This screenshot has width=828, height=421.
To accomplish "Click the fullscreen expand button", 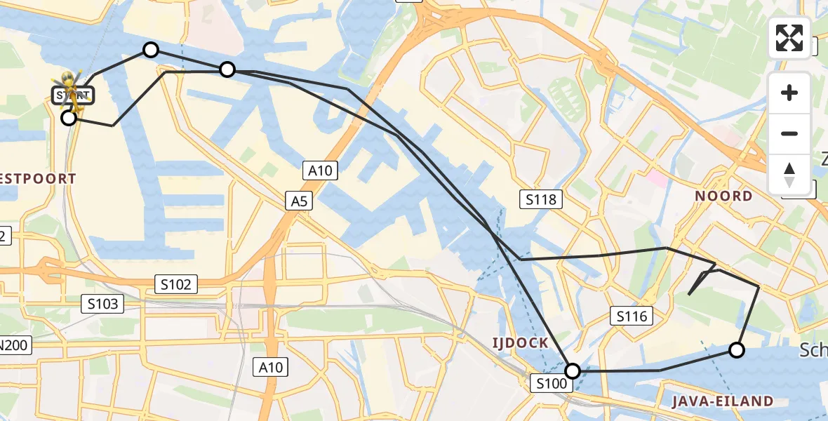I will coord(789,38).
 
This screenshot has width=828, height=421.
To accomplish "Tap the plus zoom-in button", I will coord(789,93).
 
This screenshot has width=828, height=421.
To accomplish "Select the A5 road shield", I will coord(300,201).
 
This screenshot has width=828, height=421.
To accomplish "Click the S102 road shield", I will coord(176,284).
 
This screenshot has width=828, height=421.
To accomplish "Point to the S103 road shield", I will coord(102,304).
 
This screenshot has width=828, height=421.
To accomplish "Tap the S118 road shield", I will coord(542,199).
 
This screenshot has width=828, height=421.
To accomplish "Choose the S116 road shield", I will coord(632,316).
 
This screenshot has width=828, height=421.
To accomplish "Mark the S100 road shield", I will coord(550,383).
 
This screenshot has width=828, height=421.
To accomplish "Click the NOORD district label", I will coord(723,196).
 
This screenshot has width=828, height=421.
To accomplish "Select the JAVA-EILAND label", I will coord(722,401).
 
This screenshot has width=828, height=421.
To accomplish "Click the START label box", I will coord(72,95).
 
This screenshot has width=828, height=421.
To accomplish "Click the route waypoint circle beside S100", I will coord(573,370).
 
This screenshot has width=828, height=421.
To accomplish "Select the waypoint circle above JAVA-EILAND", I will coord(736,349).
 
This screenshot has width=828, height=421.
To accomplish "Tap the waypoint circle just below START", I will coord(68,118).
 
